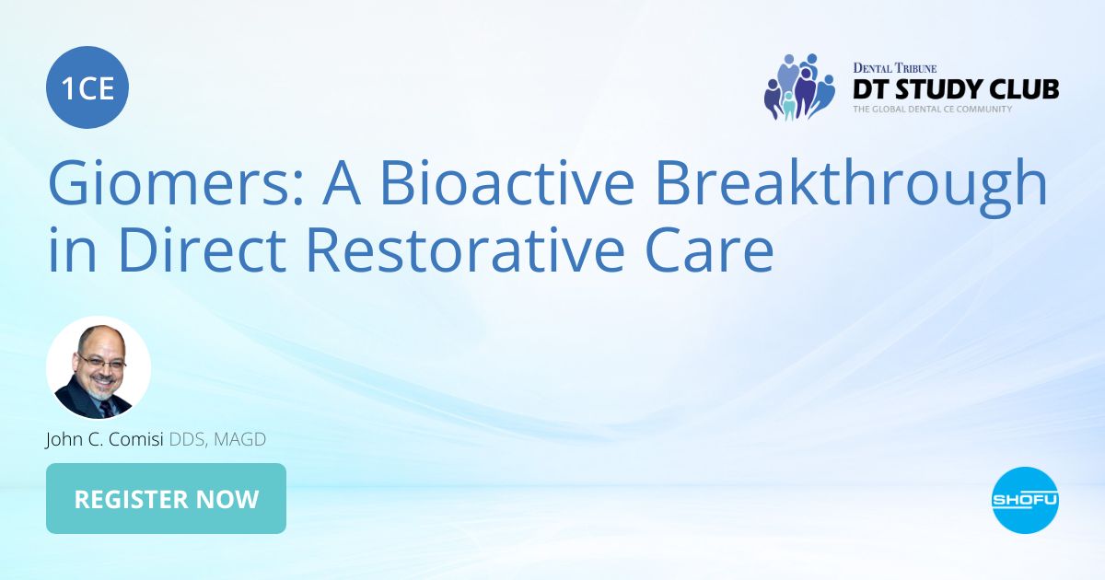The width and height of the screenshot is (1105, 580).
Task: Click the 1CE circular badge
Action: pyautogui.click(x=87, y=87)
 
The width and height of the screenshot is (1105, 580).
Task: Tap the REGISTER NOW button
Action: pyautogui.click(x=166, y=499)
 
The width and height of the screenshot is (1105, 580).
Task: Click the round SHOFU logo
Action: pyautogui.click(x=1025, y=500)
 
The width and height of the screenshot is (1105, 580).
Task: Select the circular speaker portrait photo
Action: pyautogui.click(x=99, y=368)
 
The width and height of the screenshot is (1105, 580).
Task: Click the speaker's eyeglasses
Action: pyautogui.click(x=100, y=361)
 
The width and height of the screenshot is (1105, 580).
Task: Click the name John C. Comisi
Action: pyautogui.click(x=104, y=440)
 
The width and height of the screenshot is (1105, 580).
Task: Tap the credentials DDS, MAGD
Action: pyautogui.click(x=217, y=440)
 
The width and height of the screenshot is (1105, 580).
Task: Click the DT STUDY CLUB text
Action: pyautogui.click(x=955, y=89)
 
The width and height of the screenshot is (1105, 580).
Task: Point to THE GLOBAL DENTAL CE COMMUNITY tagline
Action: pyautogui.click(x=932, y=110)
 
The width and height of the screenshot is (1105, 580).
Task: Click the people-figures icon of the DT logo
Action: pyautogui.click(x=797, y=87)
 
